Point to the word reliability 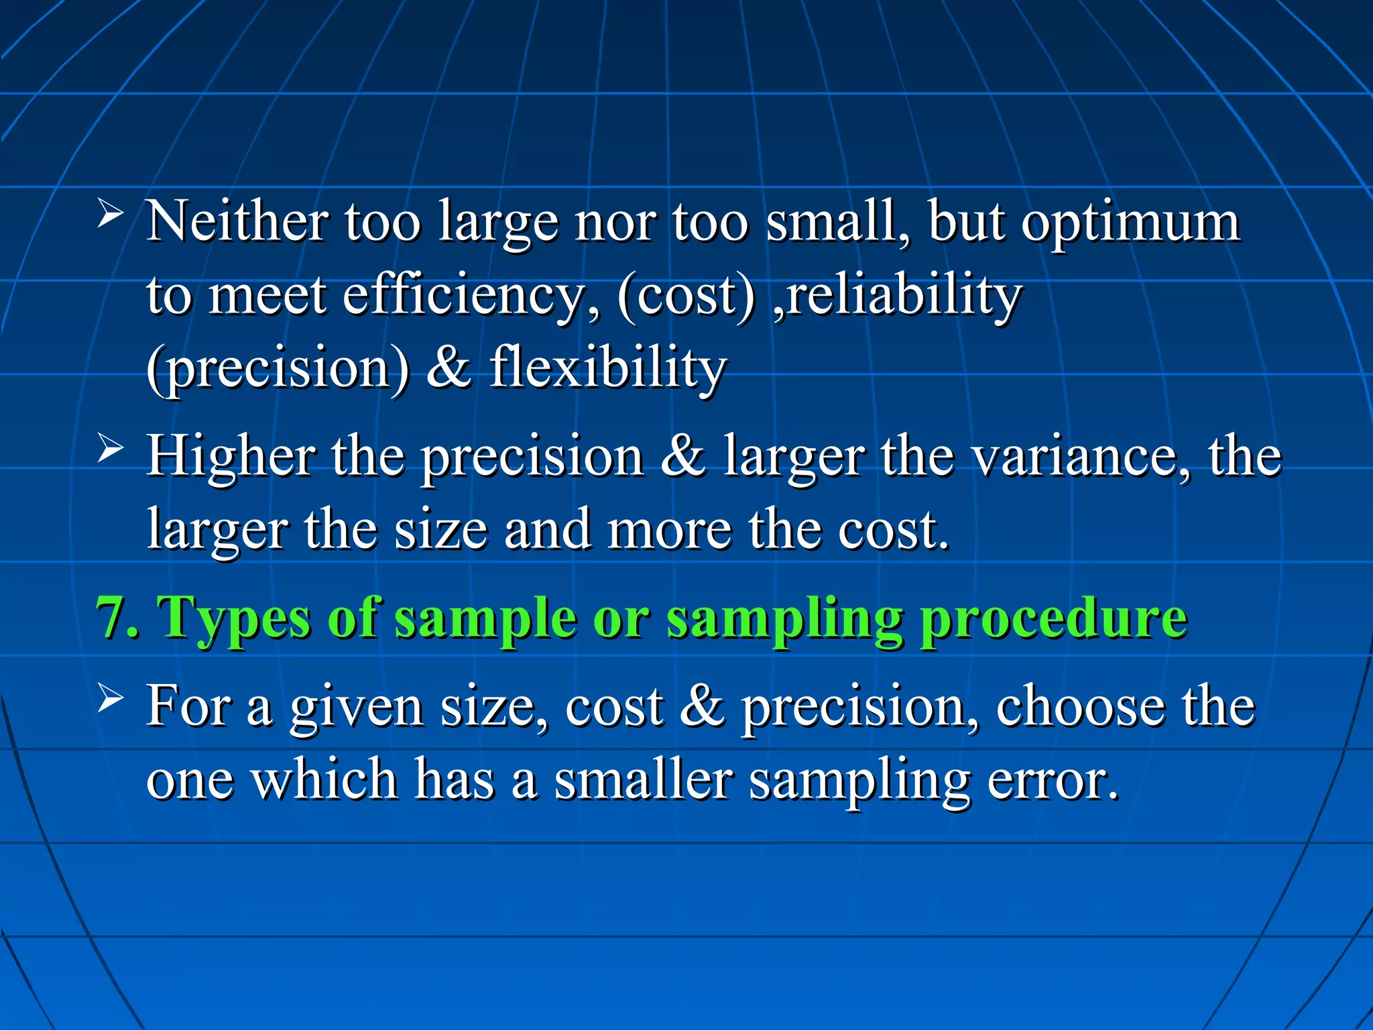click(903, 296)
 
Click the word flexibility click(607, 369)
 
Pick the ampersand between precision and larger click(683, 456)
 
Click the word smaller click(644, 781)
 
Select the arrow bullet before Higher click(110, 448)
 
